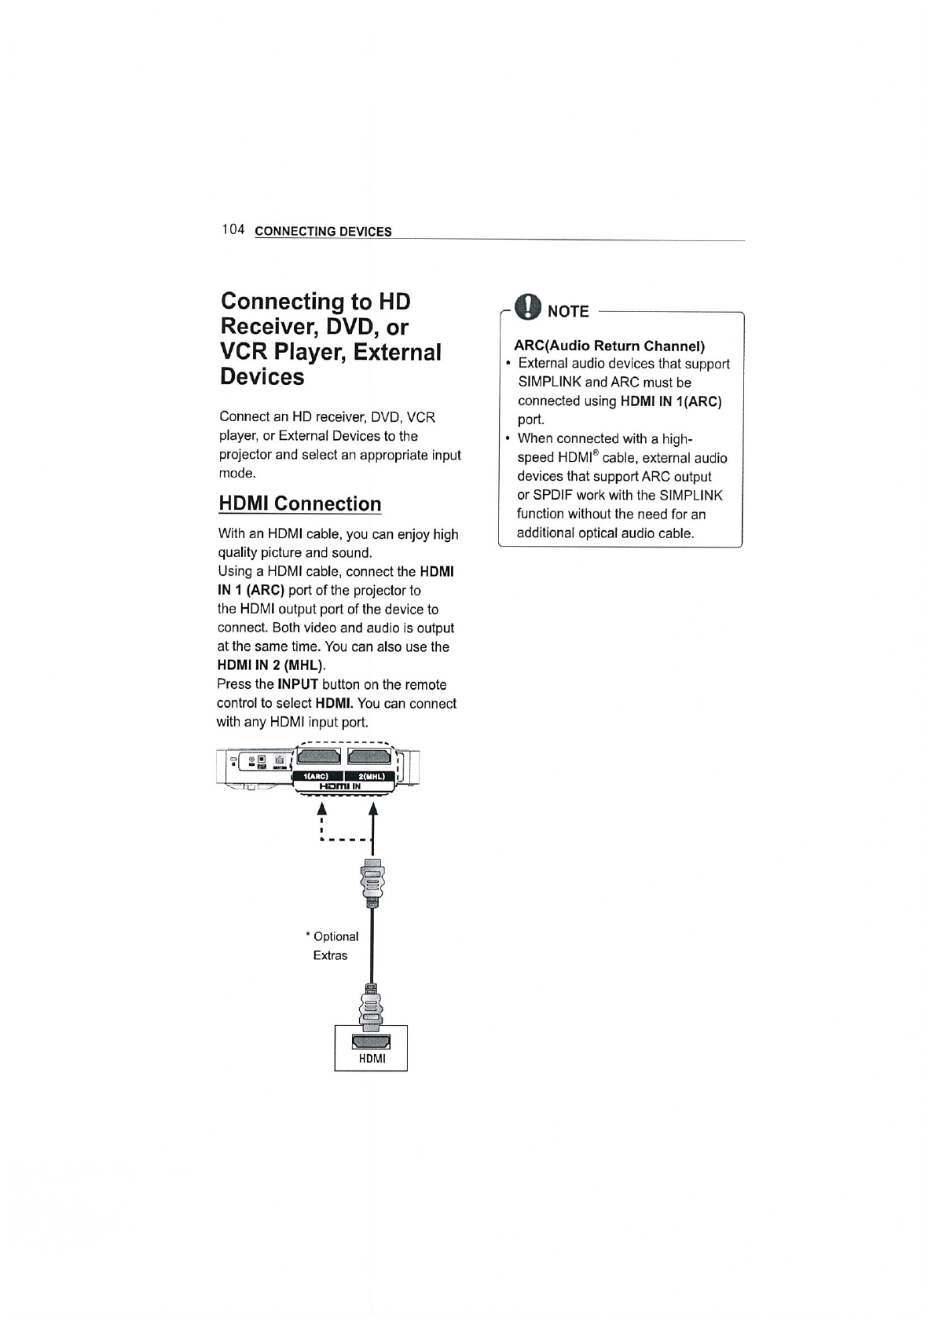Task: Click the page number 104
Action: [x=233, y=229]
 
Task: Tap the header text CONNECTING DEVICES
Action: [x=323, y=232]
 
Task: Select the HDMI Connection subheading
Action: [x=299, y=504]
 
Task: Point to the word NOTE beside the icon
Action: [x=568, y=312]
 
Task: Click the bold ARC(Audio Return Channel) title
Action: [x=609, y=346]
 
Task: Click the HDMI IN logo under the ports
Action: [x=339, y=786]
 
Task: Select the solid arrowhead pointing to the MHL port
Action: [x=372, y=807]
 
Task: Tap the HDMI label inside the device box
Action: [x=372, y=1058]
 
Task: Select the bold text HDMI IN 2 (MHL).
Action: [x=270, y=666]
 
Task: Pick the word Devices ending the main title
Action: [x=262, y=377]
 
